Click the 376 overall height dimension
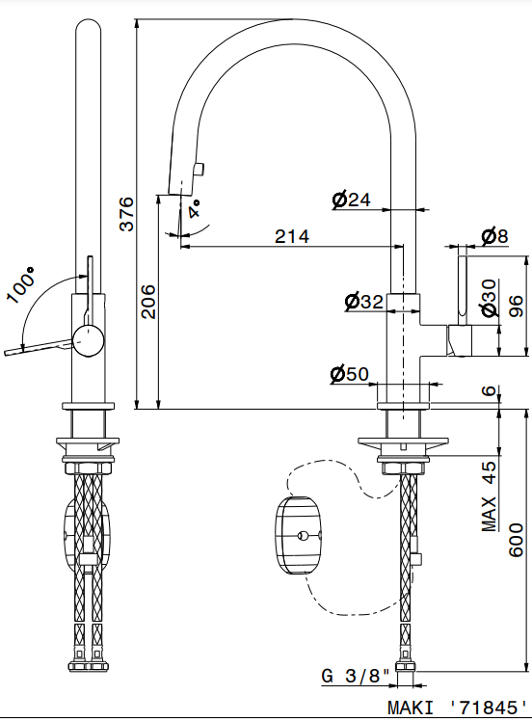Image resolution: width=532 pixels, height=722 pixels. click(126, 214)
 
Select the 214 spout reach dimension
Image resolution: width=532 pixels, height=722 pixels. click(292, 236)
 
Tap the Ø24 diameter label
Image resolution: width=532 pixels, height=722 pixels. click(351, 200)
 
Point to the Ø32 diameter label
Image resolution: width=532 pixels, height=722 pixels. click(364, 302)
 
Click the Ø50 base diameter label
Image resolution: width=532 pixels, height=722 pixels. click(350, 374)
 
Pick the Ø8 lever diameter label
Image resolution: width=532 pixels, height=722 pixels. click(494, 236)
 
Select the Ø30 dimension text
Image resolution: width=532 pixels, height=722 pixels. click(490, 298)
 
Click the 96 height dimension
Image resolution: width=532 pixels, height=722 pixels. click(517, 306)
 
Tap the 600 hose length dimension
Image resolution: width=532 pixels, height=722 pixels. click(516, 540)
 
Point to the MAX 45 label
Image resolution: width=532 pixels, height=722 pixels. click(490, 495)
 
